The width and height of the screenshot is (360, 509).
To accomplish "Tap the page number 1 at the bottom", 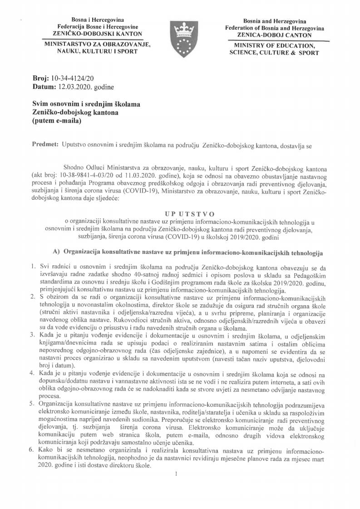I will [175, 475].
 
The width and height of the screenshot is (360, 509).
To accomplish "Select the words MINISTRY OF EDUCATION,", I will [274, 46].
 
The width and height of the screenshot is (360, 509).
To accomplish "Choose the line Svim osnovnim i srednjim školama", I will [86, 104].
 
